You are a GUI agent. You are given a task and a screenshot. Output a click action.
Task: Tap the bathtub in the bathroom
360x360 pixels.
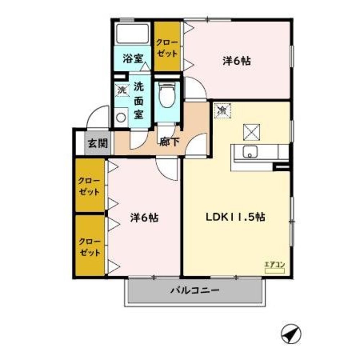[x=133, y=34]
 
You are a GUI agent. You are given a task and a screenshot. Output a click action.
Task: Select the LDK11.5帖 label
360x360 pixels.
[x=235, y=217]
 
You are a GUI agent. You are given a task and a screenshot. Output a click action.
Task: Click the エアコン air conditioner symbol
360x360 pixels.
[x=275, y=269]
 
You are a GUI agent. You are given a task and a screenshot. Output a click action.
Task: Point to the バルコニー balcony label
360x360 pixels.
[x=195, y=291]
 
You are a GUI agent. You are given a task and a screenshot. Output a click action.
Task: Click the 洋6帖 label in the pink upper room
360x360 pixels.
[x=236, y=61]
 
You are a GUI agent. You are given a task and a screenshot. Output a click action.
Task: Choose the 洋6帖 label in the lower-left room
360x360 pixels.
[x=144, y=217]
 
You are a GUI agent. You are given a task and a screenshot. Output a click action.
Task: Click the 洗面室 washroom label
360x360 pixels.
[x=139, y=100]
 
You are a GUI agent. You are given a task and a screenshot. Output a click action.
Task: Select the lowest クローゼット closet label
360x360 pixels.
[x=90, y=247]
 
